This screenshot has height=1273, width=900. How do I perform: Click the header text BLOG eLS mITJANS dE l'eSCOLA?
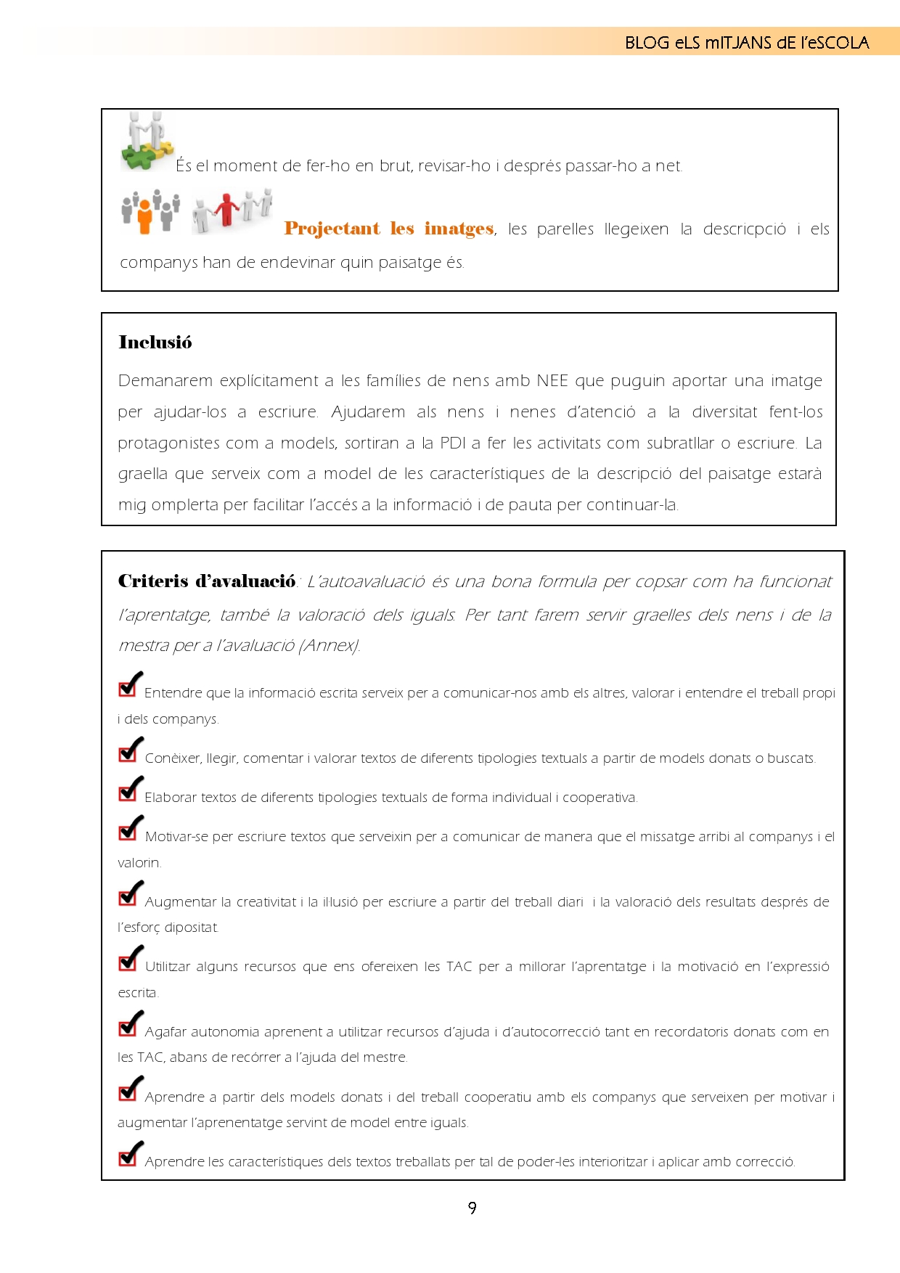point(746,43)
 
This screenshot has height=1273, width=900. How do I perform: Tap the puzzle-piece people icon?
point(147,142)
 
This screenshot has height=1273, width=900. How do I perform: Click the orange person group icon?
point(150,211)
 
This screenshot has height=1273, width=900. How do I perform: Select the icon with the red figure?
point(232,210)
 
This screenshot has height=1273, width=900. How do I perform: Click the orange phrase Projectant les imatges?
point(389,229)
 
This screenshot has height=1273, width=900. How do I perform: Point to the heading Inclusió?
point(155,343)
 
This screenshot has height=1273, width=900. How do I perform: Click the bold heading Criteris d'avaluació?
point(207,581)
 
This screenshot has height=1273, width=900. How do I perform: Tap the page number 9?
point(472,1208)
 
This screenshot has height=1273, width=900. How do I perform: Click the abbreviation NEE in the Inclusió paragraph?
point(552,381)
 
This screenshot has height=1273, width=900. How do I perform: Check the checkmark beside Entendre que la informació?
point(130,684)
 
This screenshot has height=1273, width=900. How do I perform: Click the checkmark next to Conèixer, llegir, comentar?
point(130,750)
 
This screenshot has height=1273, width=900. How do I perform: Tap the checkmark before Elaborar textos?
point(130,789)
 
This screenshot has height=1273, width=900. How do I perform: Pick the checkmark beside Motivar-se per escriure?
point(130,828)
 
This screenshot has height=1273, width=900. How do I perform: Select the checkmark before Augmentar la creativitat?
point(130,893)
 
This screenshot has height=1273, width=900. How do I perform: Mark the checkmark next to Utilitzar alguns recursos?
point(130,958)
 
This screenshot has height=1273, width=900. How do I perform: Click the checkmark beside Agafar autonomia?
point(130,1023)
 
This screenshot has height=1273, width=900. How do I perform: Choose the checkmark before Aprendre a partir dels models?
point(130,1089)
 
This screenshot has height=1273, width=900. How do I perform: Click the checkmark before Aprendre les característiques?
point(130,1153)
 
